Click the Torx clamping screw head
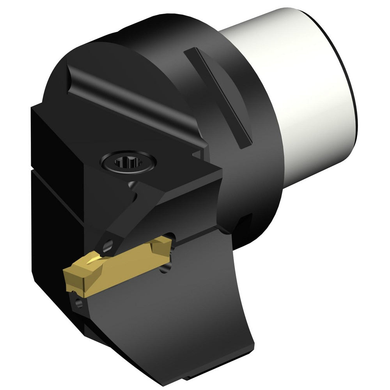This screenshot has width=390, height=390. pos(129,161)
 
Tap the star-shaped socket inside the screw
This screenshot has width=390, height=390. pos(128,161)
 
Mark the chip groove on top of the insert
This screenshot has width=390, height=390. pos(94,259)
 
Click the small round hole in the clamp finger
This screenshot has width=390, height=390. pos(109,245)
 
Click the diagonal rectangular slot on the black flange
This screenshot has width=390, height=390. pos(218,97)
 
